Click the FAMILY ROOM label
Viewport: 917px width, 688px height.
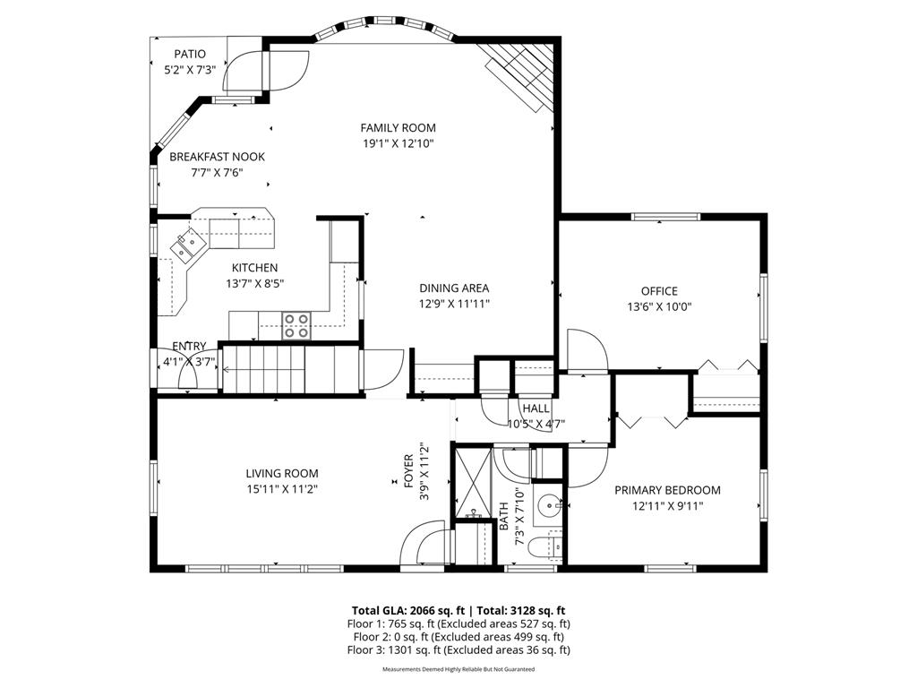[398, 128]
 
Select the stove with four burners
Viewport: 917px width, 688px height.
[296, 325]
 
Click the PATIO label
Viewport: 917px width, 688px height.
[189, 55]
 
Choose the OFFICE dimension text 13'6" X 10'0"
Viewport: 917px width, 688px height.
[658, 306]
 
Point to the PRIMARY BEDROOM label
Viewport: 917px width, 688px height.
[666, 490]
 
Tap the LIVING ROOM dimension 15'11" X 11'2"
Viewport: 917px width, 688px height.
[282, 489]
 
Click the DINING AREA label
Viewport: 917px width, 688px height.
[454, 288]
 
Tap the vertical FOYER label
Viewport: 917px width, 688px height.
[408, 470]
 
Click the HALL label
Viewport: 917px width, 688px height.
[536, 408]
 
